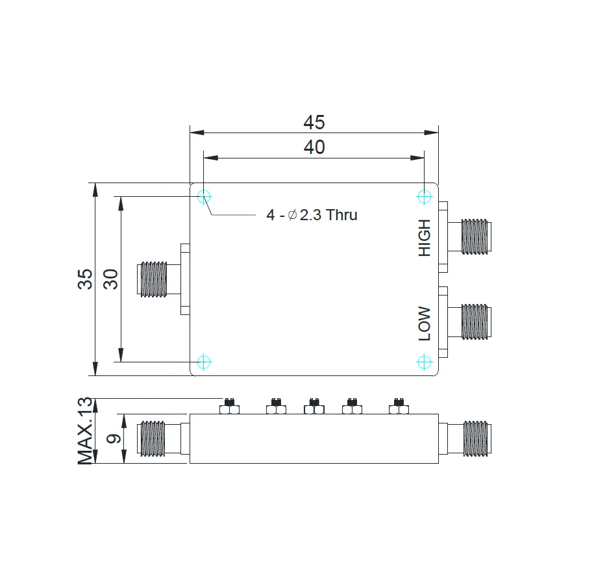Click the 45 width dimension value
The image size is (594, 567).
coord(314,122)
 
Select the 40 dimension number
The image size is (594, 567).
coord(314,147)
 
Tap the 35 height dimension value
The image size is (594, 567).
coord(85,279)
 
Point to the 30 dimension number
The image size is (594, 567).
coord(110,279)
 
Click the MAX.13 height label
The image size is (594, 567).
coord(85,431)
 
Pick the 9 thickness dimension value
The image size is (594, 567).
coord(113,438)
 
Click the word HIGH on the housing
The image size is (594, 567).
coord(425,238)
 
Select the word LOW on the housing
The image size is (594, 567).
coord(425,323)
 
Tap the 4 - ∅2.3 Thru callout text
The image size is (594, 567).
coord(312,215)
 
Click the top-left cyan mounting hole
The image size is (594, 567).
coord(204,197)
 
